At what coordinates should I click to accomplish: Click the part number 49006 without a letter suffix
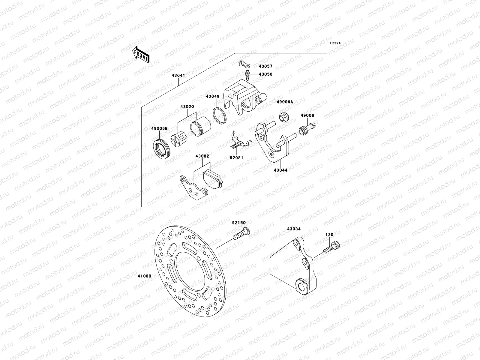[307, 115]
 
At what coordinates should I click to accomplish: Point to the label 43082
[202, 156]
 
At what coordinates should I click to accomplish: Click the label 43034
[294, 229]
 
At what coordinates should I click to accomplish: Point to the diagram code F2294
[335, 43]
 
